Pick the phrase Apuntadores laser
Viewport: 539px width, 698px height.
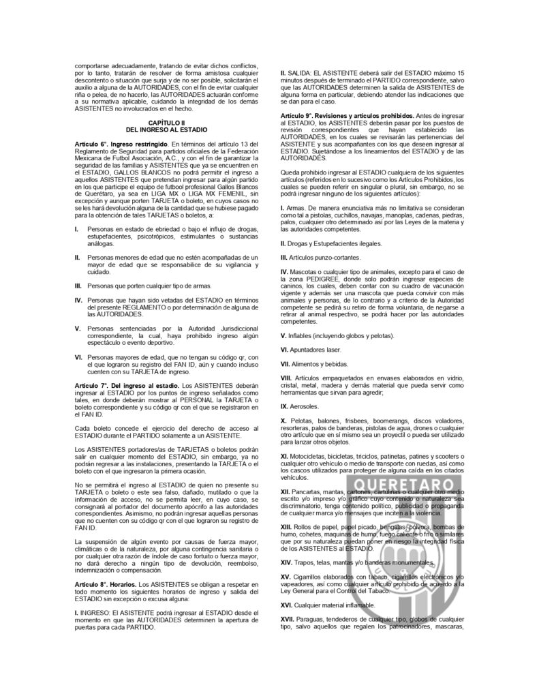(315, 350)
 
